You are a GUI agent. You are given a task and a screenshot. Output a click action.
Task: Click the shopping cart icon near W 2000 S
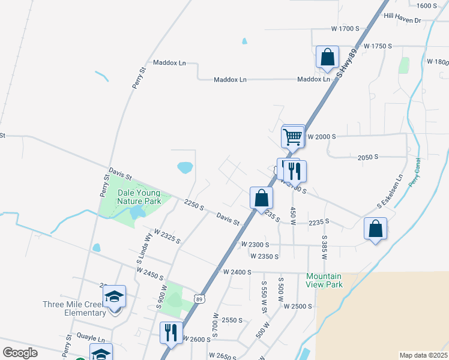click(x=293, y=136)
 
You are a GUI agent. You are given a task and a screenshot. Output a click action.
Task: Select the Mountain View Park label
click(x=324, y=280)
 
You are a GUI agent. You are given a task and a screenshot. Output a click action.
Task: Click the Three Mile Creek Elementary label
click(x=74, y=308)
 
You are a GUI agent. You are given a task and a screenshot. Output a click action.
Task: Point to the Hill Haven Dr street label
click(x=403, y=20)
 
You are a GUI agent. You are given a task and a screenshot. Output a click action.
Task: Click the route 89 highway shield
click(x=198, y=298)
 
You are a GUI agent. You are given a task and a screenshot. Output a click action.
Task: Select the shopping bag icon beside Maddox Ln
click(x=328, y=58)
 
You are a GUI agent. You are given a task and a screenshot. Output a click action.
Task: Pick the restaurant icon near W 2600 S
click(x=171, y=332)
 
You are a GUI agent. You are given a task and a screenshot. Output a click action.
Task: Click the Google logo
click(x=20, y=353)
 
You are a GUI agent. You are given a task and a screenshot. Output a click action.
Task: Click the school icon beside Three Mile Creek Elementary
click(x=114, y=296)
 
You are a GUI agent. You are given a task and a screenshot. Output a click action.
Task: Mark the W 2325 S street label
click(x=167, y=236)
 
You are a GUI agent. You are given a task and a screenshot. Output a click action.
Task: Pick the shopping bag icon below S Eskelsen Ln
click(x=375, y=229)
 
